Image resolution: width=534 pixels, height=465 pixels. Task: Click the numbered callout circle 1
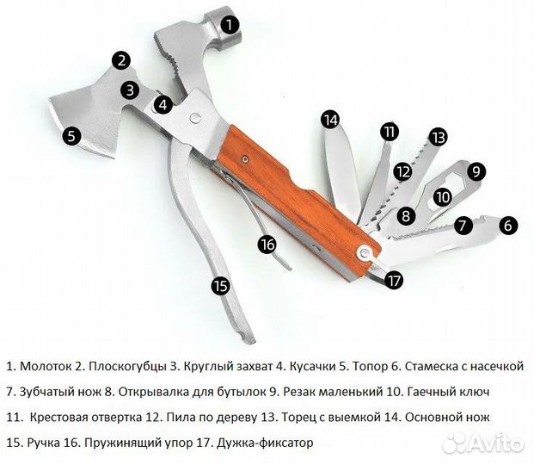click(x=230, y=24)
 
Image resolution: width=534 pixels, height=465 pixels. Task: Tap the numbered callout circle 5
click(x=71, y=135)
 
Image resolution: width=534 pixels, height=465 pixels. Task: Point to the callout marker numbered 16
click(x=268, y=244)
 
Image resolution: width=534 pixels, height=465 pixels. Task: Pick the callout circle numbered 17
click(x=394, y=279)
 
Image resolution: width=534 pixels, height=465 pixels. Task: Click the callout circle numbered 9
click(x=476, y=170)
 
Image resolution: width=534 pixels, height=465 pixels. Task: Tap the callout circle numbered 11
click(x=390, y=131)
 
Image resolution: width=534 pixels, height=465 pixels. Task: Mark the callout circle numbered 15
click(x=220, y=285)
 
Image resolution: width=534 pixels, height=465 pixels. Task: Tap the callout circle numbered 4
click(x=163, y=105)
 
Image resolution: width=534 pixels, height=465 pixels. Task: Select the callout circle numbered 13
click(x=439, y=136)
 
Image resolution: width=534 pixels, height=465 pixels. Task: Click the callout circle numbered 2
click(x=122, y=60)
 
